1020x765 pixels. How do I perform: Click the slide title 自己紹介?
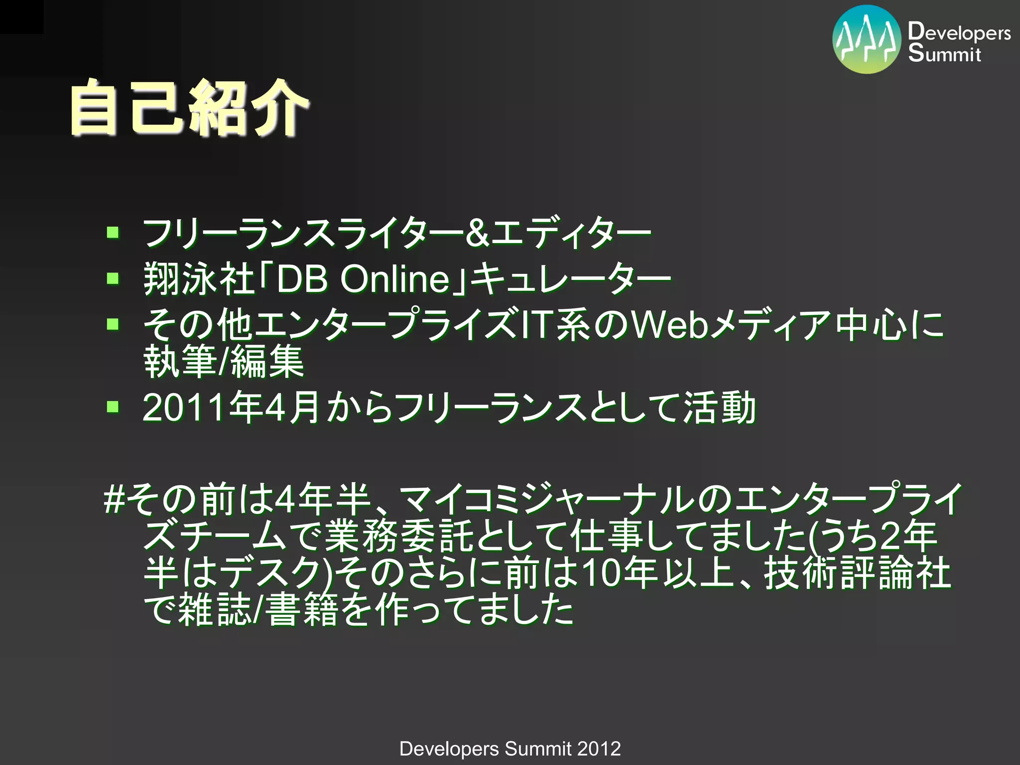click(189, 108)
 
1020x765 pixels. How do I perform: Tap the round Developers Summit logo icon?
click(867, 40)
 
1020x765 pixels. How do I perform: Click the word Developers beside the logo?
click(959, 32)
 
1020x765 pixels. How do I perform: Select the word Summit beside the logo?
click(944, 53)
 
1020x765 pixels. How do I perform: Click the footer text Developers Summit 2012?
click(510, 749)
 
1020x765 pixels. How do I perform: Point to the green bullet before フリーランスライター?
click(113, 232)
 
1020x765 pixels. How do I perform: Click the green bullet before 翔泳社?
click(113, 278)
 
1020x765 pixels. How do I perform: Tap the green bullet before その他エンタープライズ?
click(113, 324)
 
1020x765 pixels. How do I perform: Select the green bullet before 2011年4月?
click(113, 407)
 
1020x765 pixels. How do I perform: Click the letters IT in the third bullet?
click(536, 325)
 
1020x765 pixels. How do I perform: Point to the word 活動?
click(720, 408)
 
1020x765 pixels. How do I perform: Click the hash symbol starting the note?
click(114, 499)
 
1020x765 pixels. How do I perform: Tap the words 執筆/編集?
click(224, 361)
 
